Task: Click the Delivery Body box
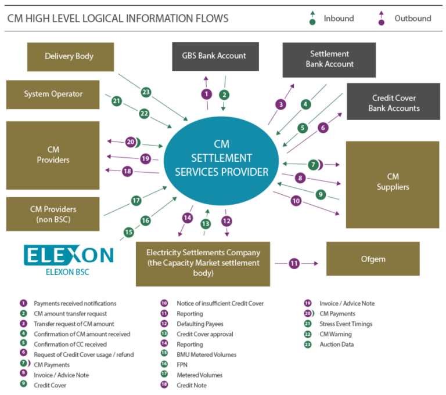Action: pos(70,57)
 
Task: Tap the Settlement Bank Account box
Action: pos(329,59)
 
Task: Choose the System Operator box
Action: pos(53,95)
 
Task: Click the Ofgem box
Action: pos(373,259)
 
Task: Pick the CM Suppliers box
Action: pos(393,182)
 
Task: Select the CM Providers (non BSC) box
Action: pos(53,214)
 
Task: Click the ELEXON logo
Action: pos(69,256)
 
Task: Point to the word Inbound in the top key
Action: pos(339,19)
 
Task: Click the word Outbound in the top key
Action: pos(412,19)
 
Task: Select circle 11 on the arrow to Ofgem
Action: pos(294,263)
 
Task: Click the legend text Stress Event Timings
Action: pos(346,324)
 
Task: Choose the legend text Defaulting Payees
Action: pos(200,324)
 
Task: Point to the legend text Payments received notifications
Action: pos(75,303)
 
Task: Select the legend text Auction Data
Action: pos(336,345)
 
